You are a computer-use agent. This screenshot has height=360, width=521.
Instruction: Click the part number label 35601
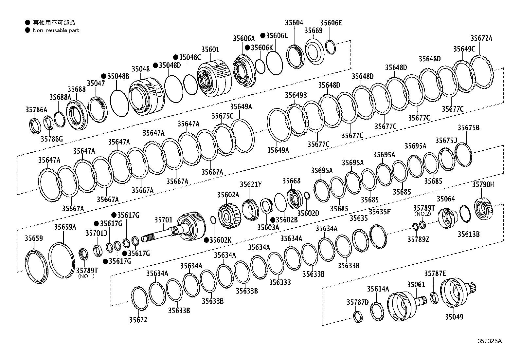point(210,49)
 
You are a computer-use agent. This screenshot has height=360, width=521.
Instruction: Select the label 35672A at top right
point(481,38)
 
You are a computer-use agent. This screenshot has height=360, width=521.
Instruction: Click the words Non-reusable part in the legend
point(56,30)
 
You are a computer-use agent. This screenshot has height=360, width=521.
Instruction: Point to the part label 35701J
point(96,233)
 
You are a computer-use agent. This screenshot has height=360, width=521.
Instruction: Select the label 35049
point(454,317)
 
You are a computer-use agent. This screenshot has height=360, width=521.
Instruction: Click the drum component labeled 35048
point(146,97)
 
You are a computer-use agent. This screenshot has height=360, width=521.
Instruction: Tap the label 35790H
point(483,184)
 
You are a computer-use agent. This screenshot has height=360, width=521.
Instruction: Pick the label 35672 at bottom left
point(138,320)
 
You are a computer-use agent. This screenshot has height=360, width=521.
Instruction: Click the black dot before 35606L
point(263,35)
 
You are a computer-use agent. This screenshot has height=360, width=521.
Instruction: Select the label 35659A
point(65,227)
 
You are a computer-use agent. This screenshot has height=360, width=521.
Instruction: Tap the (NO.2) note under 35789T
point(423,214)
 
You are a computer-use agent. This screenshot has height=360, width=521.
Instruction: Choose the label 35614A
point(378,289)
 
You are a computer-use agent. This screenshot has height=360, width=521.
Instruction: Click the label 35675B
point(468,127)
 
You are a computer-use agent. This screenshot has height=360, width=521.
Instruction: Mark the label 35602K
point(220,240)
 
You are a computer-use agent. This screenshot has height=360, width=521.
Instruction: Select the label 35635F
point(379,212)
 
